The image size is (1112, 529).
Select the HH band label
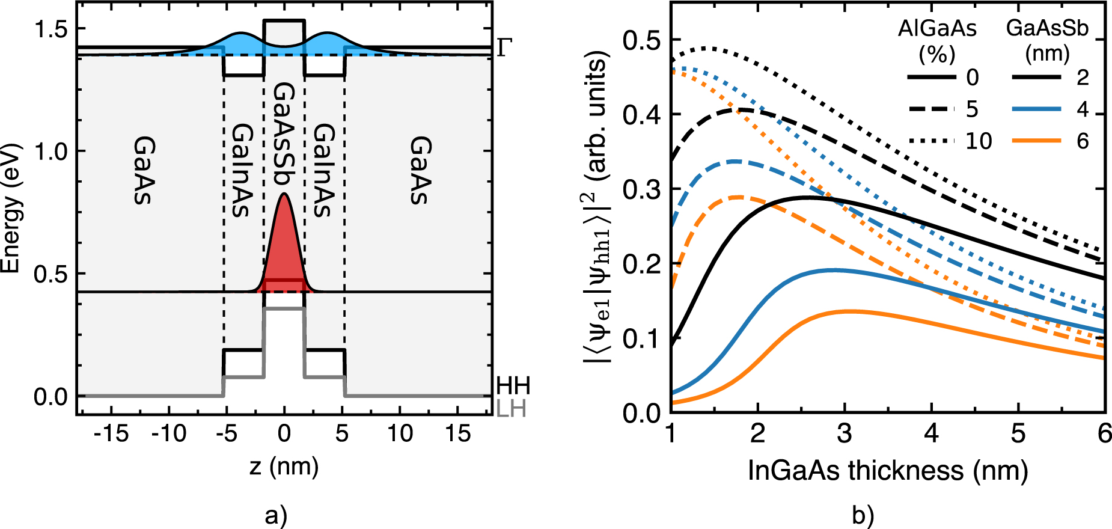click(x=513, y=386)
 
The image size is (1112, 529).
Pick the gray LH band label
click(x=511, y=409)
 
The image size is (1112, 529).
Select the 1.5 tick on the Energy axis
click(x=50, y=29)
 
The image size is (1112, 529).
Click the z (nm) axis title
click(x=284, y=466)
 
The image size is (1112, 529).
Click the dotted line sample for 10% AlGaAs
click(x=931, y=141)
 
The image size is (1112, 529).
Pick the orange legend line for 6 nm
click(x=1036, y=141)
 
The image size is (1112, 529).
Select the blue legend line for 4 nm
click(x=1036, y=109)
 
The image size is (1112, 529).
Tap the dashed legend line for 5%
click(x=931, y=109)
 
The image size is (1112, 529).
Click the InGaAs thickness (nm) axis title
click(x=888, y=471)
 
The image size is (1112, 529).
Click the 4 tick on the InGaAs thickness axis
click(x=931, y=433)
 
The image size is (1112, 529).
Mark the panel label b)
click(x=863, y=515)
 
